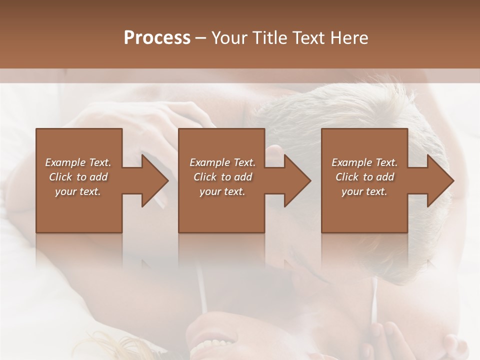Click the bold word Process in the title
[157, 37]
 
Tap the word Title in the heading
[270, 37]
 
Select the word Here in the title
[348, 37]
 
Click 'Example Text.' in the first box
[78, 162]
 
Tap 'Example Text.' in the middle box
[222, 162]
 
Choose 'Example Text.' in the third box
[364, 162]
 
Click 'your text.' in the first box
[78, 191]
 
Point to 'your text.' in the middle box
[222, 191]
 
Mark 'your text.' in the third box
[364, 191]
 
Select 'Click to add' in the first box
[78, 177]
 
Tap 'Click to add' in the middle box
[222, 177]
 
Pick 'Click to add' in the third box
[364, 177]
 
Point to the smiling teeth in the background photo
[210, 346]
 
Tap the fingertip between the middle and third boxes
[274, 150]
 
